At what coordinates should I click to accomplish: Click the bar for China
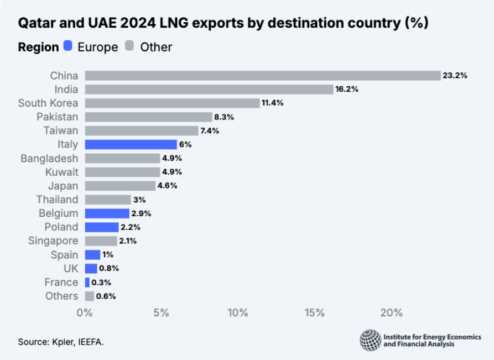point(262,76)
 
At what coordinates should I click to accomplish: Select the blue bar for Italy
point(131,144)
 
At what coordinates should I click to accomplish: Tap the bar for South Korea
point(172,103)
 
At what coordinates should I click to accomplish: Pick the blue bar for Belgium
point(107,213)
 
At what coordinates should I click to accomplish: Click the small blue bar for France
point(87,282)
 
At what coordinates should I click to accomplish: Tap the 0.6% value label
point(106,296)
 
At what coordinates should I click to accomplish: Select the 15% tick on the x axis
point(314,313)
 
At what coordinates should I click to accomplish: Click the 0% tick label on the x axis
point(85,313)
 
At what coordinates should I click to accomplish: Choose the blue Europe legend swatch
point(68,46)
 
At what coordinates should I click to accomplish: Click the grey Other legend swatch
point(130,46)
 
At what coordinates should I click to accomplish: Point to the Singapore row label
point(53,241)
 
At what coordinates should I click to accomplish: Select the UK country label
point(71,268)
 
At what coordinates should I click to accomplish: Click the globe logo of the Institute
point(370,340)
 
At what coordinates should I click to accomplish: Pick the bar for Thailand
point(108,199)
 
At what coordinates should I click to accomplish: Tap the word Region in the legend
point(38,47)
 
